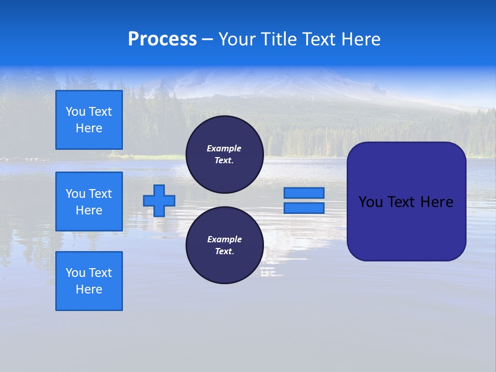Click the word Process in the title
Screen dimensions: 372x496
(162, 39)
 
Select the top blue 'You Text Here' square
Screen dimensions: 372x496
(89, 120)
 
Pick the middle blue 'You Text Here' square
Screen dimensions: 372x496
(89, 202)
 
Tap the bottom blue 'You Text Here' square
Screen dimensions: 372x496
(89, 281)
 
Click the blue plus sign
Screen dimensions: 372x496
(159, 200)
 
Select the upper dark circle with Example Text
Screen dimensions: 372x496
(224, 154)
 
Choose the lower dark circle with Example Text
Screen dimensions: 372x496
(224, 245)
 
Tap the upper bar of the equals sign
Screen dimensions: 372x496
(304, 193)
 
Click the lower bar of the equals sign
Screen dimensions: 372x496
(304, 208)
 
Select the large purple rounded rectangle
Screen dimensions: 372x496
(406, 227)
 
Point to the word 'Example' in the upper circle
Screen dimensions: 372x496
(224, 148)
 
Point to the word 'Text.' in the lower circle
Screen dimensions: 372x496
(224, 252)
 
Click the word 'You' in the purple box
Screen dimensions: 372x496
(371, 202)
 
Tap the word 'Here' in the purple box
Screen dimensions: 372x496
(437, 202)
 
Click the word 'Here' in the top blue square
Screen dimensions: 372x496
(89, 128)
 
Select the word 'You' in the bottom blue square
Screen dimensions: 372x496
(75, 273)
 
